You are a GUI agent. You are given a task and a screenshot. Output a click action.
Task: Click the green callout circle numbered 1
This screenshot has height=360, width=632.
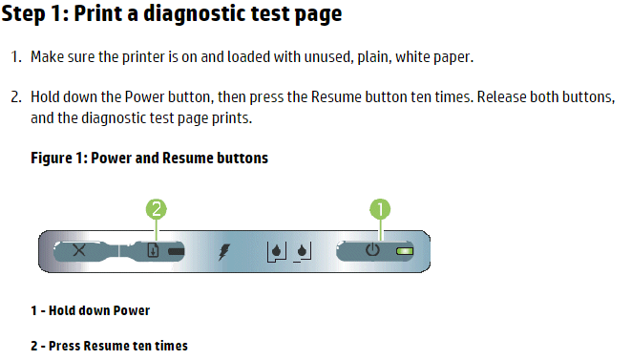pos(380,209)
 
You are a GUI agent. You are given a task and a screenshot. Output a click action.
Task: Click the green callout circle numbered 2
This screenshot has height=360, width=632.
pos(157,209)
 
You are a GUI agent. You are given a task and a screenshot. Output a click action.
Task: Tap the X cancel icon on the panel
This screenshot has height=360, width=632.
pos(79,250)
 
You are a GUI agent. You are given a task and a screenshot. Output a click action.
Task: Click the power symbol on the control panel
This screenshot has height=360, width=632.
pos(372,249)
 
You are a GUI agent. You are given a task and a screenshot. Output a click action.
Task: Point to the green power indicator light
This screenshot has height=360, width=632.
pos(405,251)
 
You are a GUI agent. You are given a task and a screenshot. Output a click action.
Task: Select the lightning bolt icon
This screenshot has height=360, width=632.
pos(224,252)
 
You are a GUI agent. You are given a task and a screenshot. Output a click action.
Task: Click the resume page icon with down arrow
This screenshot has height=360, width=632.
pos(153,250)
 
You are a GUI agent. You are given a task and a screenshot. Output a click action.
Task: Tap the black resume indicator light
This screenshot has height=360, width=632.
pos(176,251)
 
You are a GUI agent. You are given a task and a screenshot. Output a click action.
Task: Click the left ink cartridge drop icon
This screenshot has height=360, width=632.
pos(277,252)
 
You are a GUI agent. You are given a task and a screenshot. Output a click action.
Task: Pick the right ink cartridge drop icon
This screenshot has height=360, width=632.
pos(302,252)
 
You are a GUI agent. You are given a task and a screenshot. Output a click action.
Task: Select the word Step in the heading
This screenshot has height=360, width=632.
pos(23,13)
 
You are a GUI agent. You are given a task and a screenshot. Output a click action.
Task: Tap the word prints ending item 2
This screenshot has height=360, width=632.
pos(232,118)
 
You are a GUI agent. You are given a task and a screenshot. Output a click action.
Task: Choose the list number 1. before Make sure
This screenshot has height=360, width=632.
pos(16,57)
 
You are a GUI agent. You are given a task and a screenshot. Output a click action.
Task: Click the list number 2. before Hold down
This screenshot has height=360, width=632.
pos(16,97)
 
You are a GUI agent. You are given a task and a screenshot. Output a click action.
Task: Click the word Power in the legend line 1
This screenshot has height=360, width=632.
pos(132,310)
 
